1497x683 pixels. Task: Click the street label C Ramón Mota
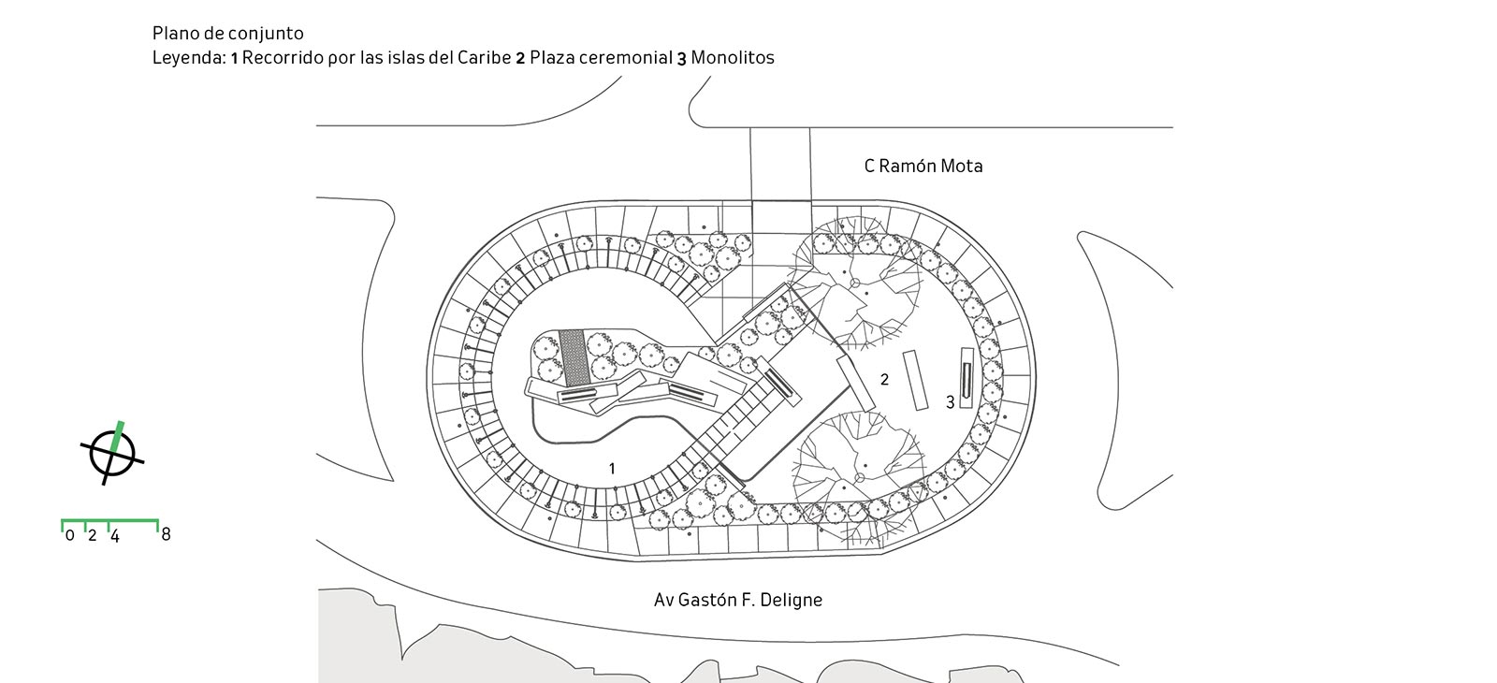pos(923,167)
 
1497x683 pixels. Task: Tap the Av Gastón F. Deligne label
pos(737,600)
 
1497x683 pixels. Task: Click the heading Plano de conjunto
pos(227,35)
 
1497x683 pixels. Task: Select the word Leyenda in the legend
pos(188,58)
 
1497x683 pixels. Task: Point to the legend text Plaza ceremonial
pos(601,58)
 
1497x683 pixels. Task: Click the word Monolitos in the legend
pos(733,58)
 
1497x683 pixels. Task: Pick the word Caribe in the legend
pos(484,58)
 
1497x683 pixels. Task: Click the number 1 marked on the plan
pos(612,469)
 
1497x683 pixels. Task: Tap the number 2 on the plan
pos(884,379)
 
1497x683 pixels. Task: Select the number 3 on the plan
pos(950,402)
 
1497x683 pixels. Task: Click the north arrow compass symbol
pos(112,454)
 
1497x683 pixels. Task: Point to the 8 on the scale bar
pos(166,534)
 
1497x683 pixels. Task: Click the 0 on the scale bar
pos(70,536)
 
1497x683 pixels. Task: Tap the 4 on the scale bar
pos(114,536)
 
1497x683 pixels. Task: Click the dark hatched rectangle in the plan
pos(573,356)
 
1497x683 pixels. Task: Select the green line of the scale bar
pos(109,520)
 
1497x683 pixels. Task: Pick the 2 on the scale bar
pos(92,536)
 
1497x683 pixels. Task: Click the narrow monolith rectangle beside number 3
pos(967,378)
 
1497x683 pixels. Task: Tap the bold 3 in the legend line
pos(682,58)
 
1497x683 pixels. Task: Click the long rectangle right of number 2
pos(914,381)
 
